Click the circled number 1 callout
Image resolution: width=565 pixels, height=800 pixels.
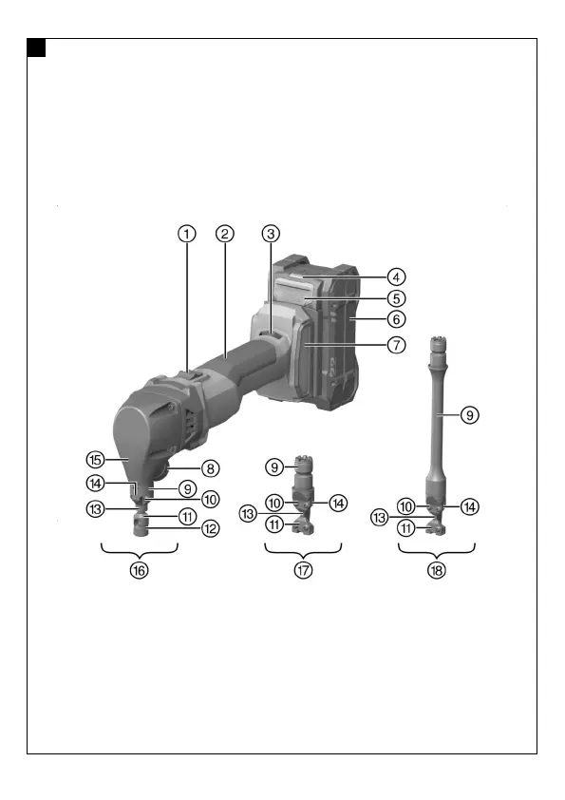(x=187, y=234)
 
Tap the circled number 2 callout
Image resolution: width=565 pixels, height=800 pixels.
(x=225, y=234)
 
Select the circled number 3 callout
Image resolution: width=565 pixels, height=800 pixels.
(x=271, y=234)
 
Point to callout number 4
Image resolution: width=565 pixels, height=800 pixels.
(x=396, y=277)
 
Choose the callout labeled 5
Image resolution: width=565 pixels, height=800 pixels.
(x=396, y=298)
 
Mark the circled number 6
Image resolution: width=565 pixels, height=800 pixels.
(x=396, y=319)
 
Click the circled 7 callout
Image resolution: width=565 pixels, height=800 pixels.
(x=396, y=345)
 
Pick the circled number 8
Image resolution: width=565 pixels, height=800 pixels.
(x=210, y=468)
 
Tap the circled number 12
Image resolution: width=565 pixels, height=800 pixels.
(x=210, y=528)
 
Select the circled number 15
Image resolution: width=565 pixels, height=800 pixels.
(x=95, y=460)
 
